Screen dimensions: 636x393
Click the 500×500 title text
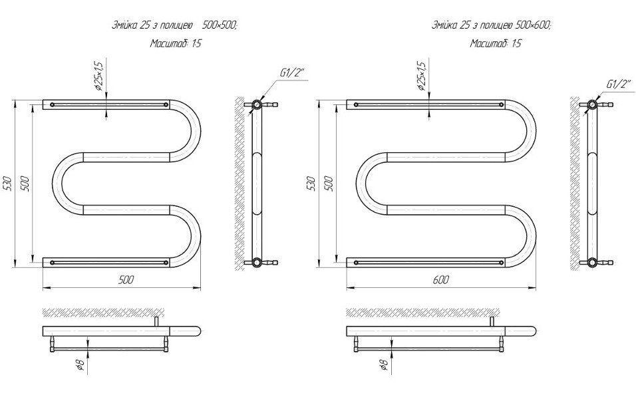[x=219, y=25]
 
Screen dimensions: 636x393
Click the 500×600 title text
[x=534, y=25]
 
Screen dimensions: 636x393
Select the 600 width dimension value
[x=441, y=279]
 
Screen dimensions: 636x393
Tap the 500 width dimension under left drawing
[x=126, y=279]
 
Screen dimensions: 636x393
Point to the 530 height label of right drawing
[x=311, y=184]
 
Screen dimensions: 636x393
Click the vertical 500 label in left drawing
[x=25, y=184]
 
